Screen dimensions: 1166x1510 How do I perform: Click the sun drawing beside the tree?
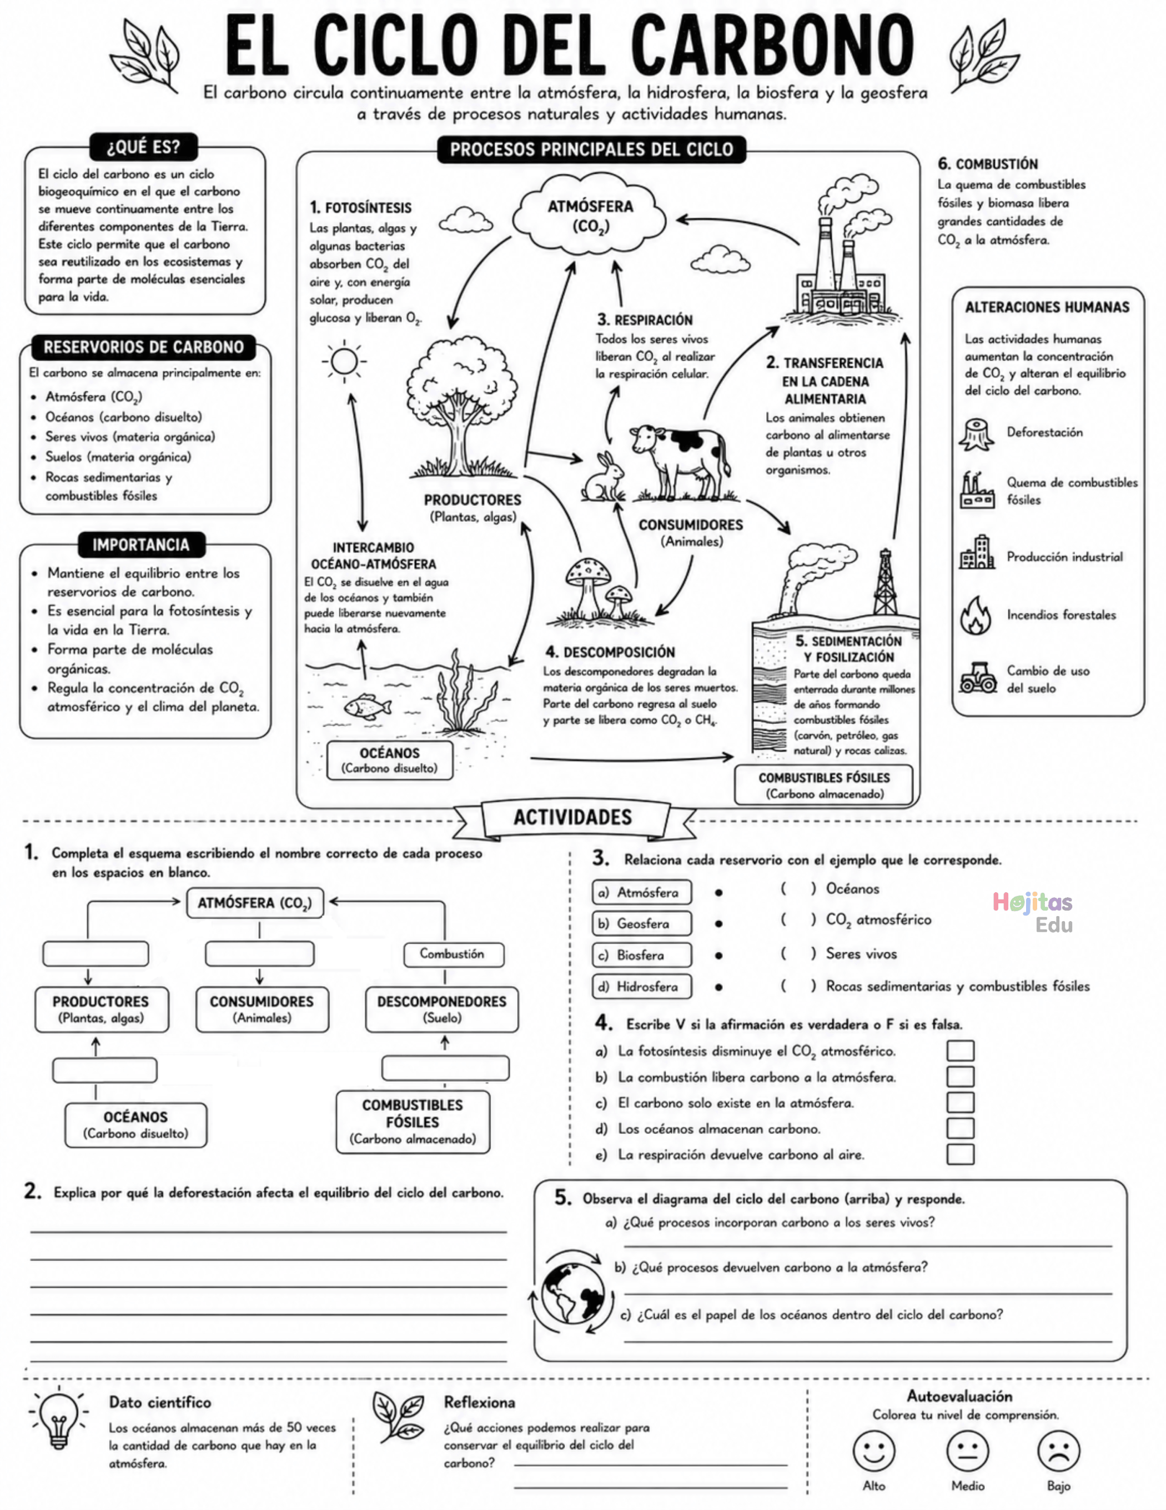(344, 361)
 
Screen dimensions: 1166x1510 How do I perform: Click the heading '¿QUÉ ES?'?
(144, 147)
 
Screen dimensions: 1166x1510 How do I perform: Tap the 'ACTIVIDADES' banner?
(572, 818)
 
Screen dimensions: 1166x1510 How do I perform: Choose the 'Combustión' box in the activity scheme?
(454, 954)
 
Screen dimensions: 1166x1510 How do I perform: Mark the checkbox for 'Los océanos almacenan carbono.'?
(960, 1128)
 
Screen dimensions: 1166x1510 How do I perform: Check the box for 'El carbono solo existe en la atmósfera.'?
(960, 1102)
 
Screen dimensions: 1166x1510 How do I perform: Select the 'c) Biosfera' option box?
(641, 955)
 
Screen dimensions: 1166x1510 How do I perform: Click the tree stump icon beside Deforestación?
(977, 436)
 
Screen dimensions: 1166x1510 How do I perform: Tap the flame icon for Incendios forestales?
(975, 616)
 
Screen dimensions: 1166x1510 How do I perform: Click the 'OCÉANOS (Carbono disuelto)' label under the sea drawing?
(390, 760)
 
